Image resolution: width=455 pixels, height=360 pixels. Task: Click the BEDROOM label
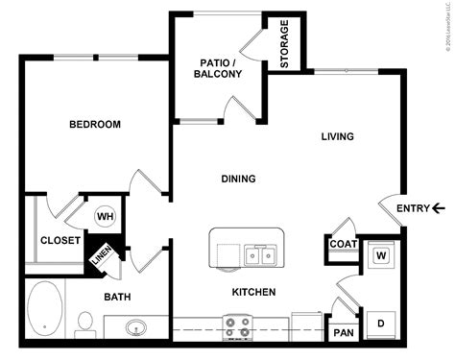tap(95, 125)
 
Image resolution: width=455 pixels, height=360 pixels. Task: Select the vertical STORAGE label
tap(285, 44)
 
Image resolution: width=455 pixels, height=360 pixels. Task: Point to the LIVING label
tap(338, 136)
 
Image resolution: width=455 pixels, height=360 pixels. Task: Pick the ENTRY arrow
tap(439, 207)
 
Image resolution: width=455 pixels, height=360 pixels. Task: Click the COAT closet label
tap(343, 244)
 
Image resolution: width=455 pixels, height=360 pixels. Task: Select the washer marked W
tap(380, 255)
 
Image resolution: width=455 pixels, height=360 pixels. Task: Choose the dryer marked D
tap(380, 324)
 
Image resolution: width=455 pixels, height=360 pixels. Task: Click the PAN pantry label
tap(343, 333)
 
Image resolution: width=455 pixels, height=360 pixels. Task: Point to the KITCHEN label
tap(253, 292)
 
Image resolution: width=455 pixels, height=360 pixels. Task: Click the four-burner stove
tap(237, 327)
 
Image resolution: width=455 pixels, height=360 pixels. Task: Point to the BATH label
tap(118, 297)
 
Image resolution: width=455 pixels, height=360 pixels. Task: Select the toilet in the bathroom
tap(84, 323)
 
